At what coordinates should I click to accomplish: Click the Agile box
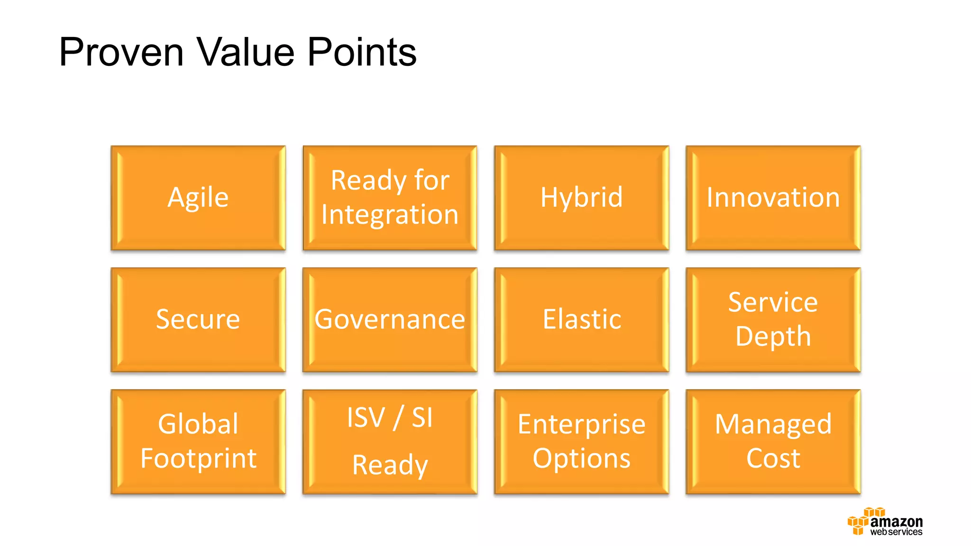[x=198, y=198]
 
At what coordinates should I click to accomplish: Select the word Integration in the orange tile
[x=390, y=215]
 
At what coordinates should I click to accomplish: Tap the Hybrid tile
[x=581, y=198]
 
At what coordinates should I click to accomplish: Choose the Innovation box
[x=773, y=198]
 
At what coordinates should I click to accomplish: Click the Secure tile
[x=198, y=319]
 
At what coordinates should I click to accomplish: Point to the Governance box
[x=390, y=319]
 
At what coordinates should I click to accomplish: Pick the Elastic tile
[x=581, y=319]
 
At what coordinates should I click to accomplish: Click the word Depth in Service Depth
[x=773, y=337]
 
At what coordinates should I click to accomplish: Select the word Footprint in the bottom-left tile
[x=198, y=458]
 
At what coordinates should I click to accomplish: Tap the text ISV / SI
[x=390, y=418]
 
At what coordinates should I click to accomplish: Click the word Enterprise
[x=581, y=424]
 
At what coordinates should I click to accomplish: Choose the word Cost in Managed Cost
[x=773, y=458]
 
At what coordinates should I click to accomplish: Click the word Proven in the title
[x=121, y=52]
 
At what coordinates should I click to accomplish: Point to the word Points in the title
[x=362, y=52]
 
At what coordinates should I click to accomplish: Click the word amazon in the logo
[x=896, y=522]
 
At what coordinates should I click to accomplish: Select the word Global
[x=198, y=424]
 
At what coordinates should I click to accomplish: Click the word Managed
[x=773, y=424]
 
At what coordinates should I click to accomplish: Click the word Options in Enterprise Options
[x=581, y=458]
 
